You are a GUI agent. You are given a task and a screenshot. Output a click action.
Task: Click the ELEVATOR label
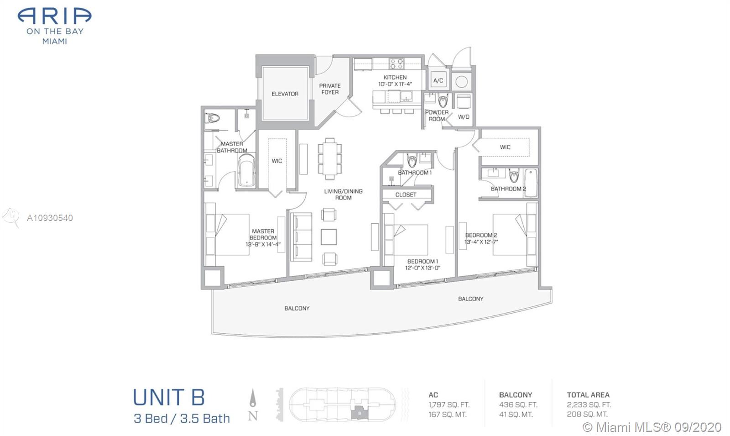pyautogui.click(x=285, y=94)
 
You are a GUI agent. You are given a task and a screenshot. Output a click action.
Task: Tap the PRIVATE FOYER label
pyautogui.click(x=330, y=89)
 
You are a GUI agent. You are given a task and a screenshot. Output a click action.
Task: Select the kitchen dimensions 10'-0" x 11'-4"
pyautogui.click(x=395, y=84)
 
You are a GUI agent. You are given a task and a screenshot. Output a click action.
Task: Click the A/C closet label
pyautogui.click(x=438, y=80)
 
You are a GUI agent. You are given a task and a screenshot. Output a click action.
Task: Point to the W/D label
pyautogui.click(x=464, y=117)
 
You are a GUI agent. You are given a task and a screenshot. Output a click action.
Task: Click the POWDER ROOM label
pyautogui.click(x=437, y=116)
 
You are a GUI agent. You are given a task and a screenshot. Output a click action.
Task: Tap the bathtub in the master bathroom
pyautogui.click(x=246, y=170)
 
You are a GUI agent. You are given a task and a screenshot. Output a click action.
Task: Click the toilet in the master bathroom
pyautogui.click(x=212, y=118)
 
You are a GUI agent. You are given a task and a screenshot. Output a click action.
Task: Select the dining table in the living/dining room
pyautogui.click(x=330, y=159)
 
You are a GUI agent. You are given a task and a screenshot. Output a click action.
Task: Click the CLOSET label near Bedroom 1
pyautogui.click(x=406, y=194)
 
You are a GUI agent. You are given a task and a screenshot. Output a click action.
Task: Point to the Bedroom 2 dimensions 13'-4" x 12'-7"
pyautogui.click(x=481, y=242)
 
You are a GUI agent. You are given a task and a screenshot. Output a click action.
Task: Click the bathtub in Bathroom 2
pyautogui.click(x=531, y=183)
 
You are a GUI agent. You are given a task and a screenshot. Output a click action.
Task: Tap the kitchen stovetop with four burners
pyautogui.click(x=396, y=63)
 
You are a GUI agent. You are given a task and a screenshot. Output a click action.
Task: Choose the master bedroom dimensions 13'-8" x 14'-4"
pyautogui.click(x=263, y=244)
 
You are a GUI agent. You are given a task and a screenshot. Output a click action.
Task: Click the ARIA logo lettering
pyautogui.click(x=54, y=16)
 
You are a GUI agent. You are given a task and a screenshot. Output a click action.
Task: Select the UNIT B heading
pyautogui.click(x=169, y=397)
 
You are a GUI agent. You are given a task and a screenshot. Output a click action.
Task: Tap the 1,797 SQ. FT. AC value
pyautogui.click(x=449, y=405)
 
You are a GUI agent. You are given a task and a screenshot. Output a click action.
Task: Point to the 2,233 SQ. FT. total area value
pyautogui.click(x=589, y=405)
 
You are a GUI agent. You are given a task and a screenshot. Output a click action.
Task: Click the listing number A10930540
pyautogui.click(x=50, y=218)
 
